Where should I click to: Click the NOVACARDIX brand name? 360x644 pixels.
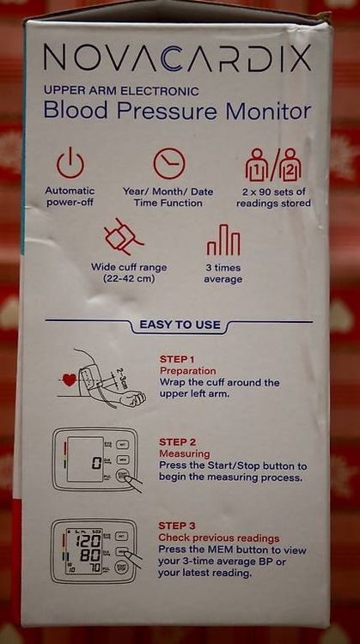177,58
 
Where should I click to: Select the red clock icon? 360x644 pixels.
169,163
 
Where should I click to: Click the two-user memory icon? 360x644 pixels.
273,164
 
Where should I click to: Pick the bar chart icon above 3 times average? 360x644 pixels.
223,240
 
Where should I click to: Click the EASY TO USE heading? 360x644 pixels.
180,325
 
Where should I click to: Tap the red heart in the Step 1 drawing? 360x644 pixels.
69,380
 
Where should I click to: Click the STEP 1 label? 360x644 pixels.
177,360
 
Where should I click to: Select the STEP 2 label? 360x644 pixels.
178,442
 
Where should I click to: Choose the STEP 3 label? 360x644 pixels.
178,526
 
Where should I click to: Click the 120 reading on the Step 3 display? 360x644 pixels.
89,541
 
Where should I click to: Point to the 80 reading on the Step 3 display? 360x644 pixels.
90,556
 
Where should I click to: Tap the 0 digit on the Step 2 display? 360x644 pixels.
96,464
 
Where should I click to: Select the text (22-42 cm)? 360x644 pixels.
129,280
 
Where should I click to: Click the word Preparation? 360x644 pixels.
188,371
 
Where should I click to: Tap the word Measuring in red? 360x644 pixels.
185,454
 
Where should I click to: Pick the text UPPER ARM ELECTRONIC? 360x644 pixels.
121,91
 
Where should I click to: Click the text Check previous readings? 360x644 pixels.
219,538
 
